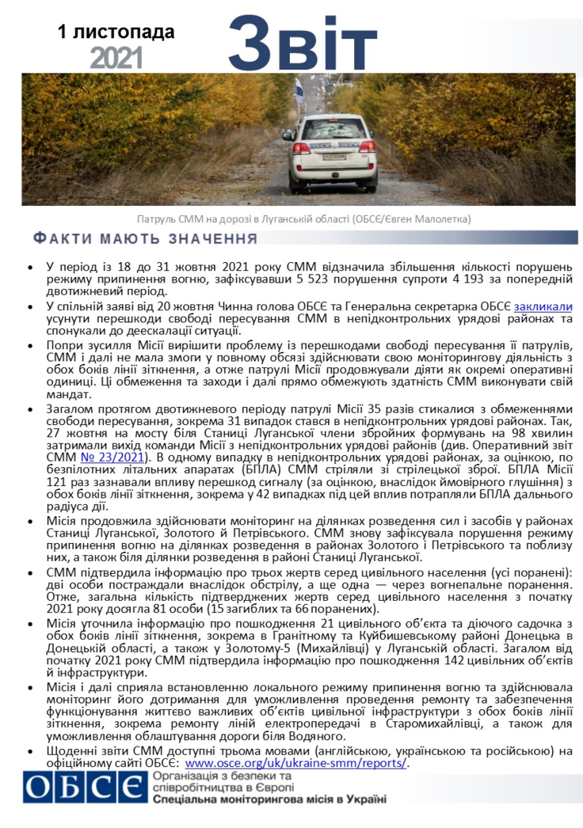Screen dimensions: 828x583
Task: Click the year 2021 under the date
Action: click(116, 57)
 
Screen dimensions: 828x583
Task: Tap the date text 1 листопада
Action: click(116, 32)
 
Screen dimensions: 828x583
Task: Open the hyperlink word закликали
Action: click(543, 306)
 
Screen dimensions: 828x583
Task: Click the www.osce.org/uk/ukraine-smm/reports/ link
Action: click(295, 763)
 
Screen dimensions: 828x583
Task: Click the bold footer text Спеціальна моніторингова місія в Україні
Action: click(270, 800)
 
